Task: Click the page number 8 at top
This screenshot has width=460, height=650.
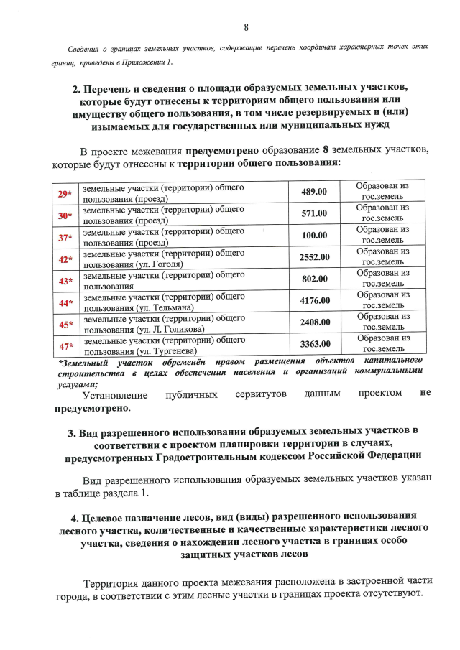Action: (246, 28)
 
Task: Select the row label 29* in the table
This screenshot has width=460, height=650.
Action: (65, 194)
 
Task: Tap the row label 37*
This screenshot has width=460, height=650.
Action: (65, 237)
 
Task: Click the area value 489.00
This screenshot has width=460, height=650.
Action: (313, 192)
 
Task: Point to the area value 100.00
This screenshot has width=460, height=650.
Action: (313, 236)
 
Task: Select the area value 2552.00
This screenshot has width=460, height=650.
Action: (314, 257)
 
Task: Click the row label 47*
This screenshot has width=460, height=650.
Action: (65, 347)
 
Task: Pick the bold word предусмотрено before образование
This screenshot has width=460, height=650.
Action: (231, 152)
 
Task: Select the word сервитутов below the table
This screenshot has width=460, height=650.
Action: (259, 394)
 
